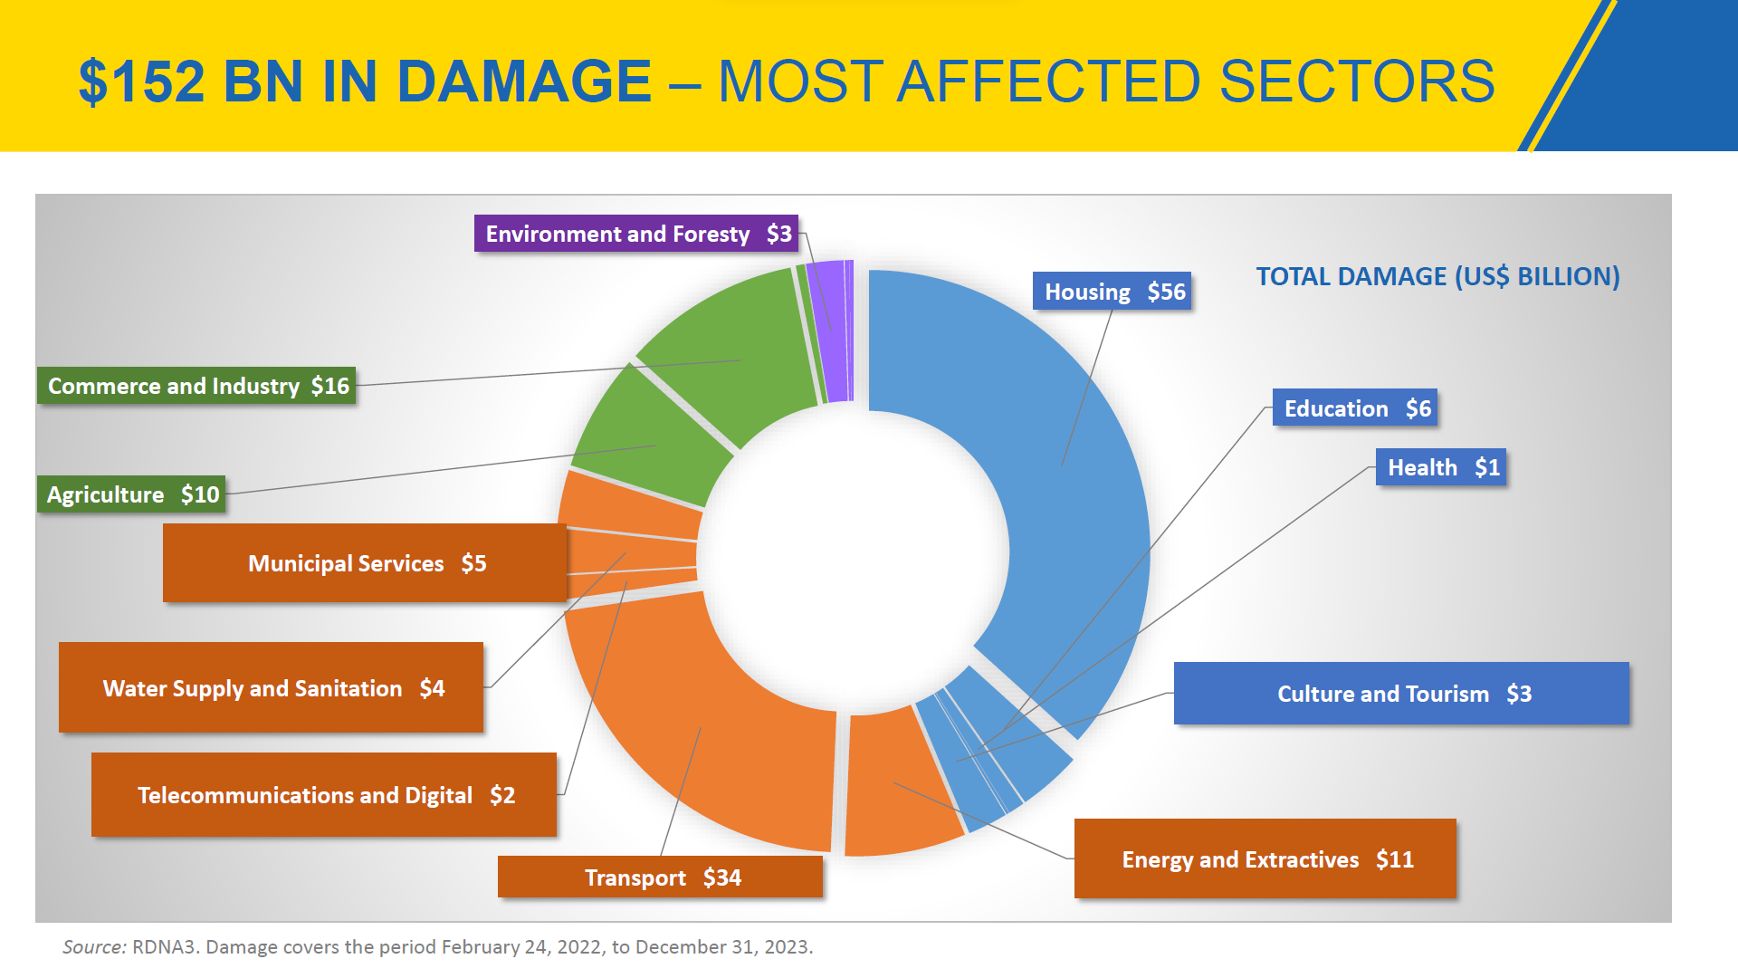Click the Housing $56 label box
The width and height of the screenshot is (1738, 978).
pyautogui.click(x=1113, y=292)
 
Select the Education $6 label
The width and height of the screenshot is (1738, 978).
pyautogui.click(x=1355, y=408)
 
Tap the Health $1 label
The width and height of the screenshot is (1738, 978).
pyautogui.click(x=1441, y=467)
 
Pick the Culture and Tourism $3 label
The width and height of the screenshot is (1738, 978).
pyautogui.click(x=1401, y=694)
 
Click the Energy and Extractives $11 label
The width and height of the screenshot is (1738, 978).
pyautogui.click(x=1265, y=858)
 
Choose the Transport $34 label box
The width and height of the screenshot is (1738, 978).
pyautogui.click(x=661, y=877)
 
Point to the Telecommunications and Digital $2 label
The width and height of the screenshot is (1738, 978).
pyautogui.click(x=324, y=794)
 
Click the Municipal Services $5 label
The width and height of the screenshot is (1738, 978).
pyautogui.click(x=365, y=562)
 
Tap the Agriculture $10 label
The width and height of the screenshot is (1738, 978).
pyautogui.click(x=132, y=494)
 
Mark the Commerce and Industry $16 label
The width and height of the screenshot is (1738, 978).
pyautogui.click(x=196, y=386)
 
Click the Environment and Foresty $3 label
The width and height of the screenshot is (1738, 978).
pyautogui.click(x=636, y=234)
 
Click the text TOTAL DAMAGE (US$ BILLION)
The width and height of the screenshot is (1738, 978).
pyautogui.click(x=1437, y=276)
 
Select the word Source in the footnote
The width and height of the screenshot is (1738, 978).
pyautogui.click(x=93, y=947)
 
